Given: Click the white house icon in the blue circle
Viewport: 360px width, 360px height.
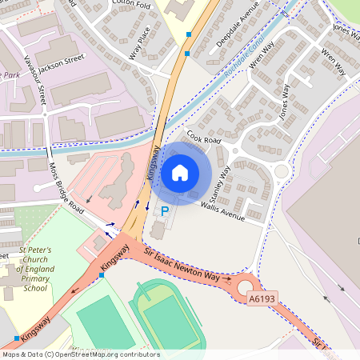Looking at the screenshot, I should pyautogui.click(x=180, y=172).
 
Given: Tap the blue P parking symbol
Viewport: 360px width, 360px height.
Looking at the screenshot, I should pyautogui.click(x=165, y=211).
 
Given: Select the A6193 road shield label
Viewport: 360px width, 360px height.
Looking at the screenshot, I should pyautogui.click(x=261, y=299).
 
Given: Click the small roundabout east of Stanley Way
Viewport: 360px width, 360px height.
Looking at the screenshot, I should pyautogui.click(x=281, y=171).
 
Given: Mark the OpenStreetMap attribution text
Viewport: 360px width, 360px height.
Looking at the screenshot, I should pyautogui.click(x=80, y=354).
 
